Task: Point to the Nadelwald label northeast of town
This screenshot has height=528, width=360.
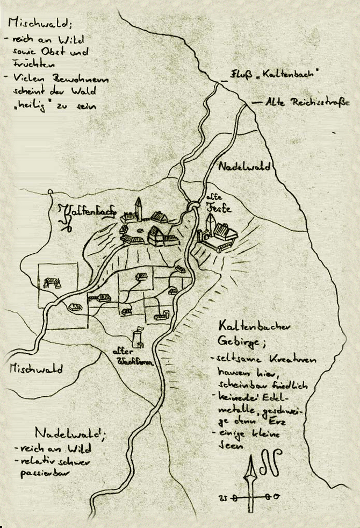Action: coord(244,167)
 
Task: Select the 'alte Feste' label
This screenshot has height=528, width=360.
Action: coord(218,203)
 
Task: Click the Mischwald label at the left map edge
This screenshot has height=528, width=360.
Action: coord(36,369)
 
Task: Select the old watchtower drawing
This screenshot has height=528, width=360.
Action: coord(138,337)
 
